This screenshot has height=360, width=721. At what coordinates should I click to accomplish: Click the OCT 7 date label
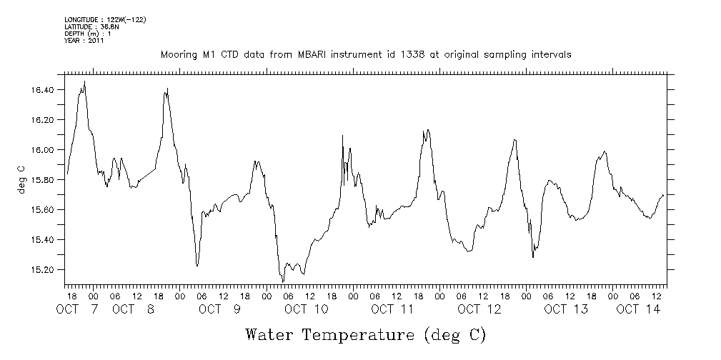[79, 309]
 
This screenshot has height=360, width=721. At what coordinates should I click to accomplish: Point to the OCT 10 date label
[306, 309]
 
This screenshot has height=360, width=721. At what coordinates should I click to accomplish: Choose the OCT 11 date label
[392, 309]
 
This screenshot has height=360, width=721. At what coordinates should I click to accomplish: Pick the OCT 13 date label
[565, 309]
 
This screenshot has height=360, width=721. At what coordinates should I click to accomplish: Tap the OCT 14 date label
[638, 309]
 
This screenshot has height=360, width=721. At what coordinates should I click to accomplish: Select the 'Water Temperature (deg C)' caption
[365, 334]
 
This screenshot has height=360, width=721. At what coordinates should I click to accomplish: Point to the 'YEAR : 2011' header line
[84, 41]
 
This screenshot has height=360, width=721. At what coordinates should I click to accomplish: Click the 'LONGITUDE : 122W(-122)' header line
[105, 19]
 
